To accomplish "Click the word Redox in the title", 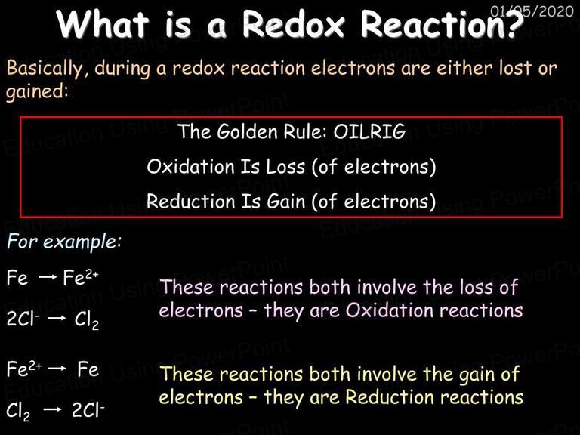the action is [293, 24].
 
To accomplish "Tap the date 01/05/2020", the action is [532, 11].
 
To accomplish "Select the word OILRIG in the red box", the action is [369, 131].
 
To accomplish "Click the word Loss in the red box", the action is [285, 167].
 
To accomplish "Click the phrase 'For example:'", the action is [64, 242].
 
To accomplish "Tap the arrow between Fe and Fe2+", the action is [48, 277].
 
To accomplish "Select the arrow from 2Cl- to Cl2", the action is [57, 319].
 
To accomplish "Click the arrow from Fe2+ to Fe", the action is [57, 369].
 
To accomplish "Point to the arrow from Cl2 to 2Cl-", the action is [52, 409].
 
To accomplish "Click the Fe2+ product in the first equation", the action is [81, 277].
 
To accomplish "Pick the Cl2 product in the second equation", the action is [87, 320].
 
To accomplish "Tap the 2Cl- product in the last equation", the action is [88, 409].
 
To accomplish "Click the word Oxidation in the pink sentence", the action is [390, 310].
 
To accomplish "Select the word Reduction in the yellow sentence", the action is [390, 397].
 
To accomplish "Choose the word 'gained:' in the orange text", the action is [37, 91].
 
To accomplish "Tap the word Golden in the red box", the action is [247, 131].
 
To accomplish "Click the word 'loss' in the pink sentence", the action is [476, 287].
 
